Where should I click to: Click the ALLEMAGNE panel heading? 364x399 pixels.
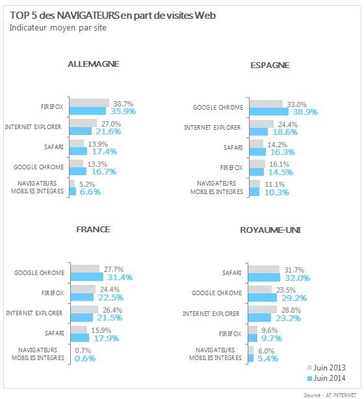(x=94, y=64)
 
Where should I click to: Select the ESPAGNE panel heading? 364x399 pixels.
(x=270, y=66)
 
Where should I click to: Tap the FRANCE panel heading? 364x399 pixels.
(x=94, y=230)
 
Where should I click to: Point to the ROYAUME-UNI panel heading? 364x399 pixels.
(x=270, y=230)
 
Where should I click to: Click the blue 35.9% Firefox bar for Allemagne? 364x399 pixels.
(x=88, y=111)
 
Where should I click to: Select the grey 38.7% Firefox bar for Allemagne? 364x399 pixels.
(x=89, y=103)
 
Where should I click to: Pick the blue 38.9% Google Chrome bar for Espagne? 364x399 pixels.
(x=269, y=112)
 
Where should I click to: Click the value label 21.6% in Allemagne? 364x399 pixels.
(x=109, y=132)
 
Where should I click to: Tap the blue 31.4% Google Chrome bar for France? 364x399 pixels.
(x=87, y=277)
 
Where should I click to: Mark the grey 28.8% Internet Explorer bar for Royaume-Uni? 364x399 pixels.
(x=263, y=309)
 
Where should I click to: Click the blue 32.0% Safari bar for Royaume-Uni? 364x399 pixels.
(x=264, y=278)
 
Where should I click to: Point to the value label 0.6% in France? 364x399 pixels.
(x=85, y=359)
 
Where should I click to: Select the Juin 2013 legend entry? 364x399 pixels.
(x=326, y=368)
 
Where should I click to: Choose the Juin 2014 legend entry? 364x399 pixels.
(x=326, y=378)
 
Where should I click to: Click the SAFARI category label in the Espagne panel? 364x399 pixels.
(x=233, y=147)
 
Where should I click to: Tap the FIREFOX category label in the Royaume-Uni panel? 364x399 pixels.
(x=230, y=333)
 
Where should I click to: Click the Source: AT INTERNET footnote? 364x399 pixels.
(x=330, y=395)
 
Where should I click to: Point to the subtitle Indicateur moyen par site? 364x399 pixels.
(x=58, y=28)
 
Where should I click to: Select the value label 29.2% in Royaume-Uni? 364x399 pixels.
(x=294, y=298)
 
